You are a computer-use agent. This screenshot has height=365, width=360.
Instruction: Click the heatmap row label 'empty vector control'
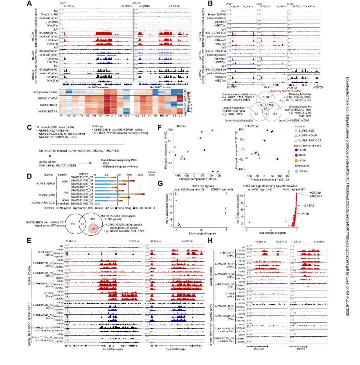pyautogui.click(x=46, y=92)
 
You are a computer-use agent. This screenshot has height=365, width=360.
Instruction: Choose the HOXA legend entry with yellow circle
pyautogui.click(x=298, y=160)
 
